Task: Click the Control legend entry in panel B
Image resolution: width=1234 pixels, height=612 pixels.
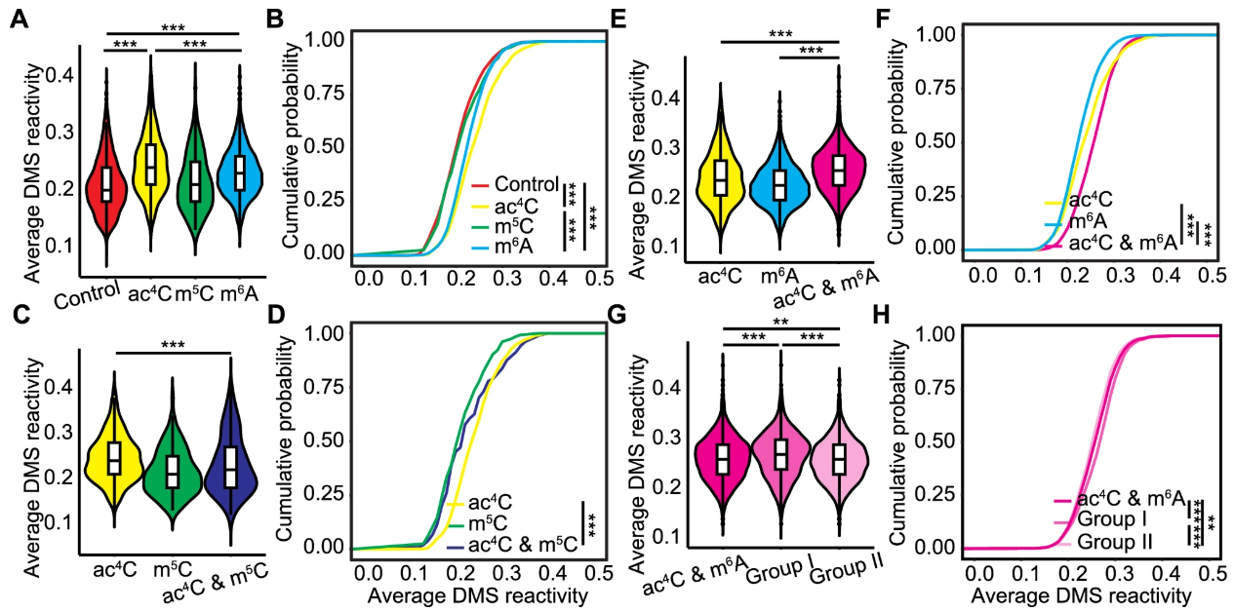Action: pyautogui.click(x=522, y=183)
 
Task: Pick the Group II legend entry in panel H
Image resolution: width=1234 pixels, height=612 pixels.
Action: pyautogui.click(x=1118, y=540)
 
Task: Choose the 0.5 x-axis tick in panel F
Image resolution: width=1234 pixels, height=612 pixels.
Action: pyautogui.click(x=1211, y=274)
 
